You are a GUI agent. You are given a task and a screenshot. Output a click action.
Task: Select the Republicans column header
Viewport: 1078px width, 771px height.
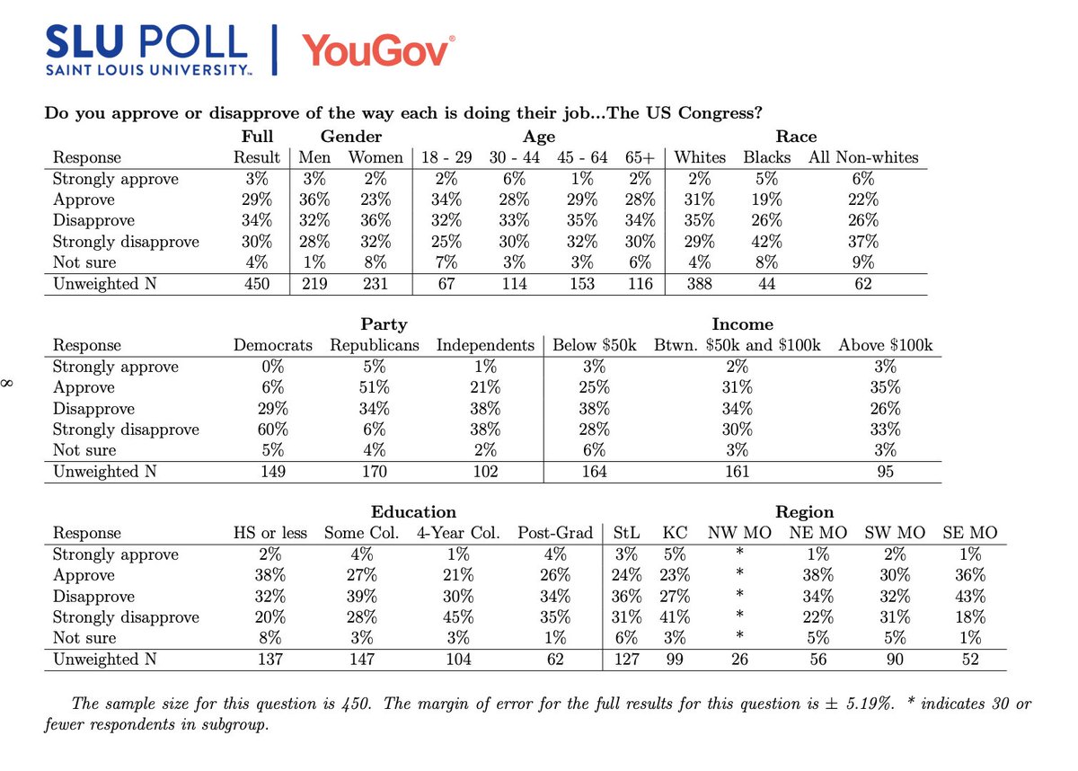(x=375, y=345)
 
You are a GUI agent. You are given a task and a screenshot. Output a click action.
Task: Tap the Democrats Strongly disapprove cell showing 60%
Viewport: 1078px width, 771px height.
(x=273, y=430)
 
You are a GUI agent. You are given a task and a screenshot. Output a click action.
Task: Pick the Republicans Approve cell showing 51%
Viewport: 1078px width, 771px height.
(x=375, y=387)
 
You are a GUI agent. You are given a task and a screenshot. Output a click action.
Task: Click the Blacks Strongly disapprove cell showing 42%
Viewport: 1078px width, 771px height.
(x=766, y=242)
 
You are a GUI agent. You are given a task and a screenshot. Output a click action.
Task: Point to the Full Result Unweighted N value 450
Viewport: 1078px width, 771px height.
(x=258, y=284)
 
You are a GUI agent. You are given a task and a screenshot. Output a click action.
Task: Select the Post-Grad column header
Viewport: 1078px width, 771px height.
(x=555, y=533)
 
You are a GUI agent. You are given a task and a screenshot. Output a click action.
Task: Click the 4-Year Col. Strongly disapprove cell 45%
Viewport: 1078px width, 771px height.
(x=459, y=617)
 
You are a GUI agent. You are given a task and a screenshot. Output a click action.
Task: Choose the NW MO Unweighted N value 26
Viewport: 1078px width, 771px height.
(x=739, y=660)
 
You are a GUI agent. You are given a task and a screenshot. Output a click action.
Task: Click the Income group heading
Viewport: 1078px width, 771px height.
(x=742, y=324)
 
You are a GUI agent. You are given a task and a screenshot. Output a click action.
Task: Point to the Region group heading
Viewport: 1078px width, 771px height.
(x=804, y=512)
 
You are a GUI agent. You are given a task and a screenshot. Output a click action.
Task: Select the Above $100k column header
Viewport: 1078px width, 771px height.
(x=886, y=345)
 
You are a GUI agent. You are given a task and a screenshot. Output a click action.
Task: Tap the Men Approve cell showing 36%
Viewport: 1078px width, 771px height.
(x=314, y=199)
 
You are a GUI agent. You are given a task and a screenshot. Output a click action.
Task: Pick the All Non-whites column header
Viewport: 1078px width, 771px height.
(x=864, y=157)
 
